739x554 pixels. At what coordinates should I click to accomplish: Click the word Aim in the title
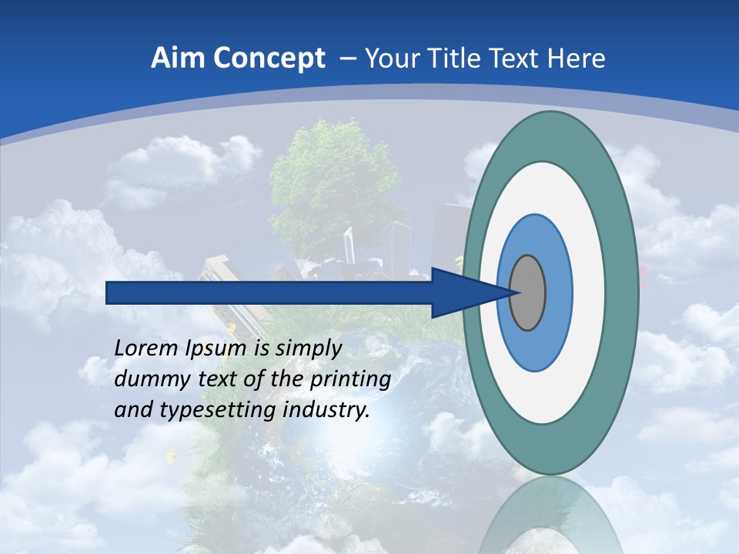coord(178,58)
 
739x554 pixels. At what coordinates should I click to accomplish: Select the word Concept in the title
coord(269,58)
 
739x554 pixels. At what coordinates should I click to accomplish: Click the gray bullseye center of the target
coord(528,292)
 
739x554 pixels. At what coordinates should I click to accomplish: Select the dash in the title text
coord(348,59)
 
